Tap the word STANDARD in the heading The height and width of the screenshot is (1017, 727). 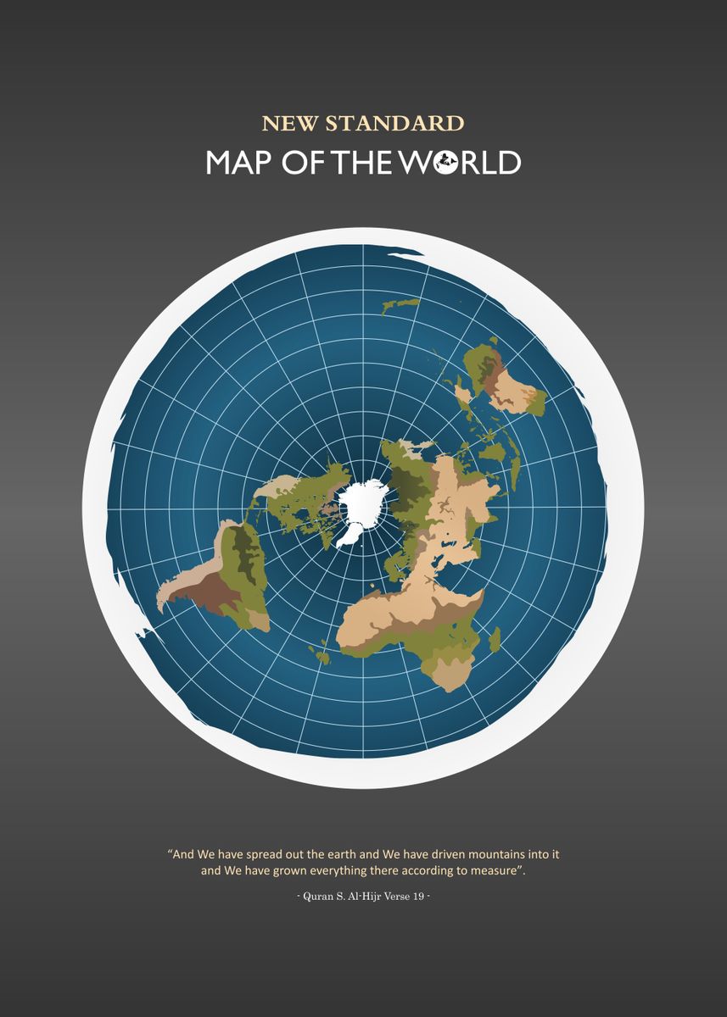coord(394,124)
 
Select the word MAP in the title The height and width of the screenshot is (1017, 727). coord(240,162)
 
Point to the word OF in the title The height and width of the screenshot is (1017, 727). coord(305,162)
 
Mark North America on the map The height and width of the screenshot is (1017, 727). coord(305,500)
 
